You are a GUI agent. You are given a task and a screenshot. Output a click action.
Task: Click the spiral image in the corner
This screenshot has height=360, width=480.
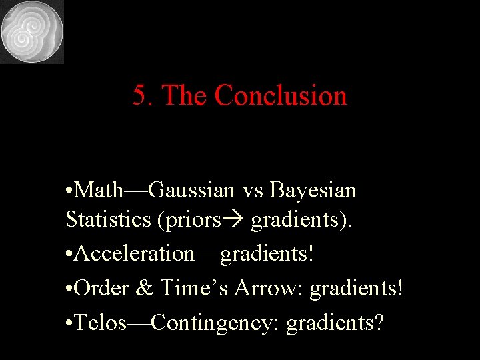[32, 31]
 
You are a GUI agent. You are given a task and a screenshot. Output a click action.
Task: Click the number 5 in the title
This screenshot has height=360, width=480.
[139, 95]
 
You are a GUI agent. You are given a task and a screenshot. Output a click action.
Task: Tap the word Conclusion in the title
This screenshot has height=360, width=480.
[281, 95]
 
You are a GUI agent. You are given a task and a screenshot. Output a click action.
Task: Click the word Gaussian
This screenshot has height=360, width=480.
[192, 191]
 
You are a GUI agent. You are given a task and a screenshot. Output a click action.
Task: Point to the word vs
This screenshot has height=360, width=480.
[253, 191]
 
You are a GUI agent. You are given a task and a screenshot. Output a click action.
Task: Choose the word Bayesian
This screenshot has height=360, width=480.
[313, 191]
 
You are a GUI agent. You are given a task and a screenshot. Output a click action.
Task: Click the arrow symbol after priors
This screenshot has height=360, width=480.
[236, 220]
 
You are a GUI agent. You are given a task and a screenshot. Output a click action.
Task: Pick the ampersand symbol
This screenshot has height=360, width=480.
[145, 288]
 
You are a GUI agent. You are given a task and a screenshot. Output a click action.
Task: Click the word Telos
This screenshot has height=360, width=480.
[101, 323]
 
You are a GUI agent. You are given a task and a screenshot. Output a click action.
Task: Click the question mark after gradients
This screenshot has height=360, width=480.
[379, 323]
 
